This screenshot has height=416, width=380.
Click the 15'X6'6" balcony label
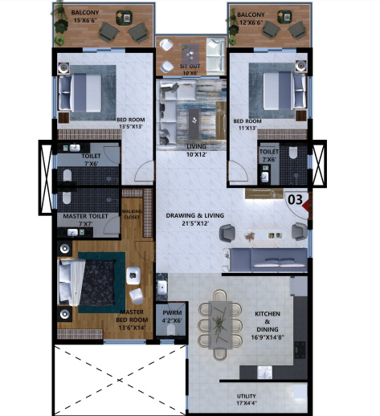[85, 18]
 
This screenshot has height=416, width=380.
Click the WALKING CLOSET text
[132, 214]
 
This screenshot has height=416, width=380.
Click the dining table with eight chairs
[220, 324]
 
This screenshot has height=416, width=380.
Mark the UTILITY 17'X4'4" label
[246, 399]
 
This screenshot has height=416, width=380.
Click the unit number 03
[295, 198]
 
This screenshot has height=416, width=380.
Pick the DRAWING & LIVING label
[192, 219]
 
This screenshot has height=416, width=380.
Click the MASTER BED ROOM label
[130, 320]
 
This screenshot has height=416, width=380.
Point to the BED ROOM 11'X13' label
[247, 126]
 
